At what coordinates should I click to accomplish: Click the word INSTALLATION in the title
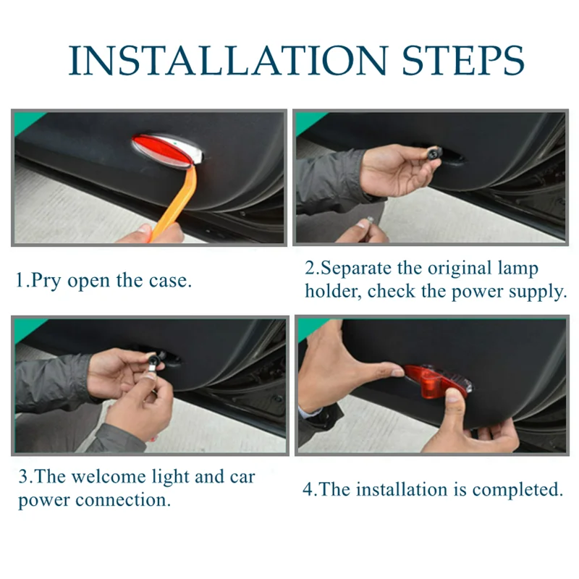pos(229,61)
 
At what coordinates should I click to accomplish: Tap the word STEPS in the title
pos(463,61)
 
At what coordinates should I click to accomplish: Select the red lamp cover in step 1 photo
pos(162,151)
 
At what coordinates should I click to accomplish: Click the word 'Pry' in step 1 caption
pos(46,281)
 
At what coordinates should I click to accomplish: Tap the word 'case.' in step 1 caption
pos(170,281)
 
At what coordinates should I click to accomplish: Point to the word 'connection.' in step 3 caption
pos(123,500)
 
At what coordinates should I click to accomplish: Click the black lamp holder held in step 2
pos(433,153)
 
